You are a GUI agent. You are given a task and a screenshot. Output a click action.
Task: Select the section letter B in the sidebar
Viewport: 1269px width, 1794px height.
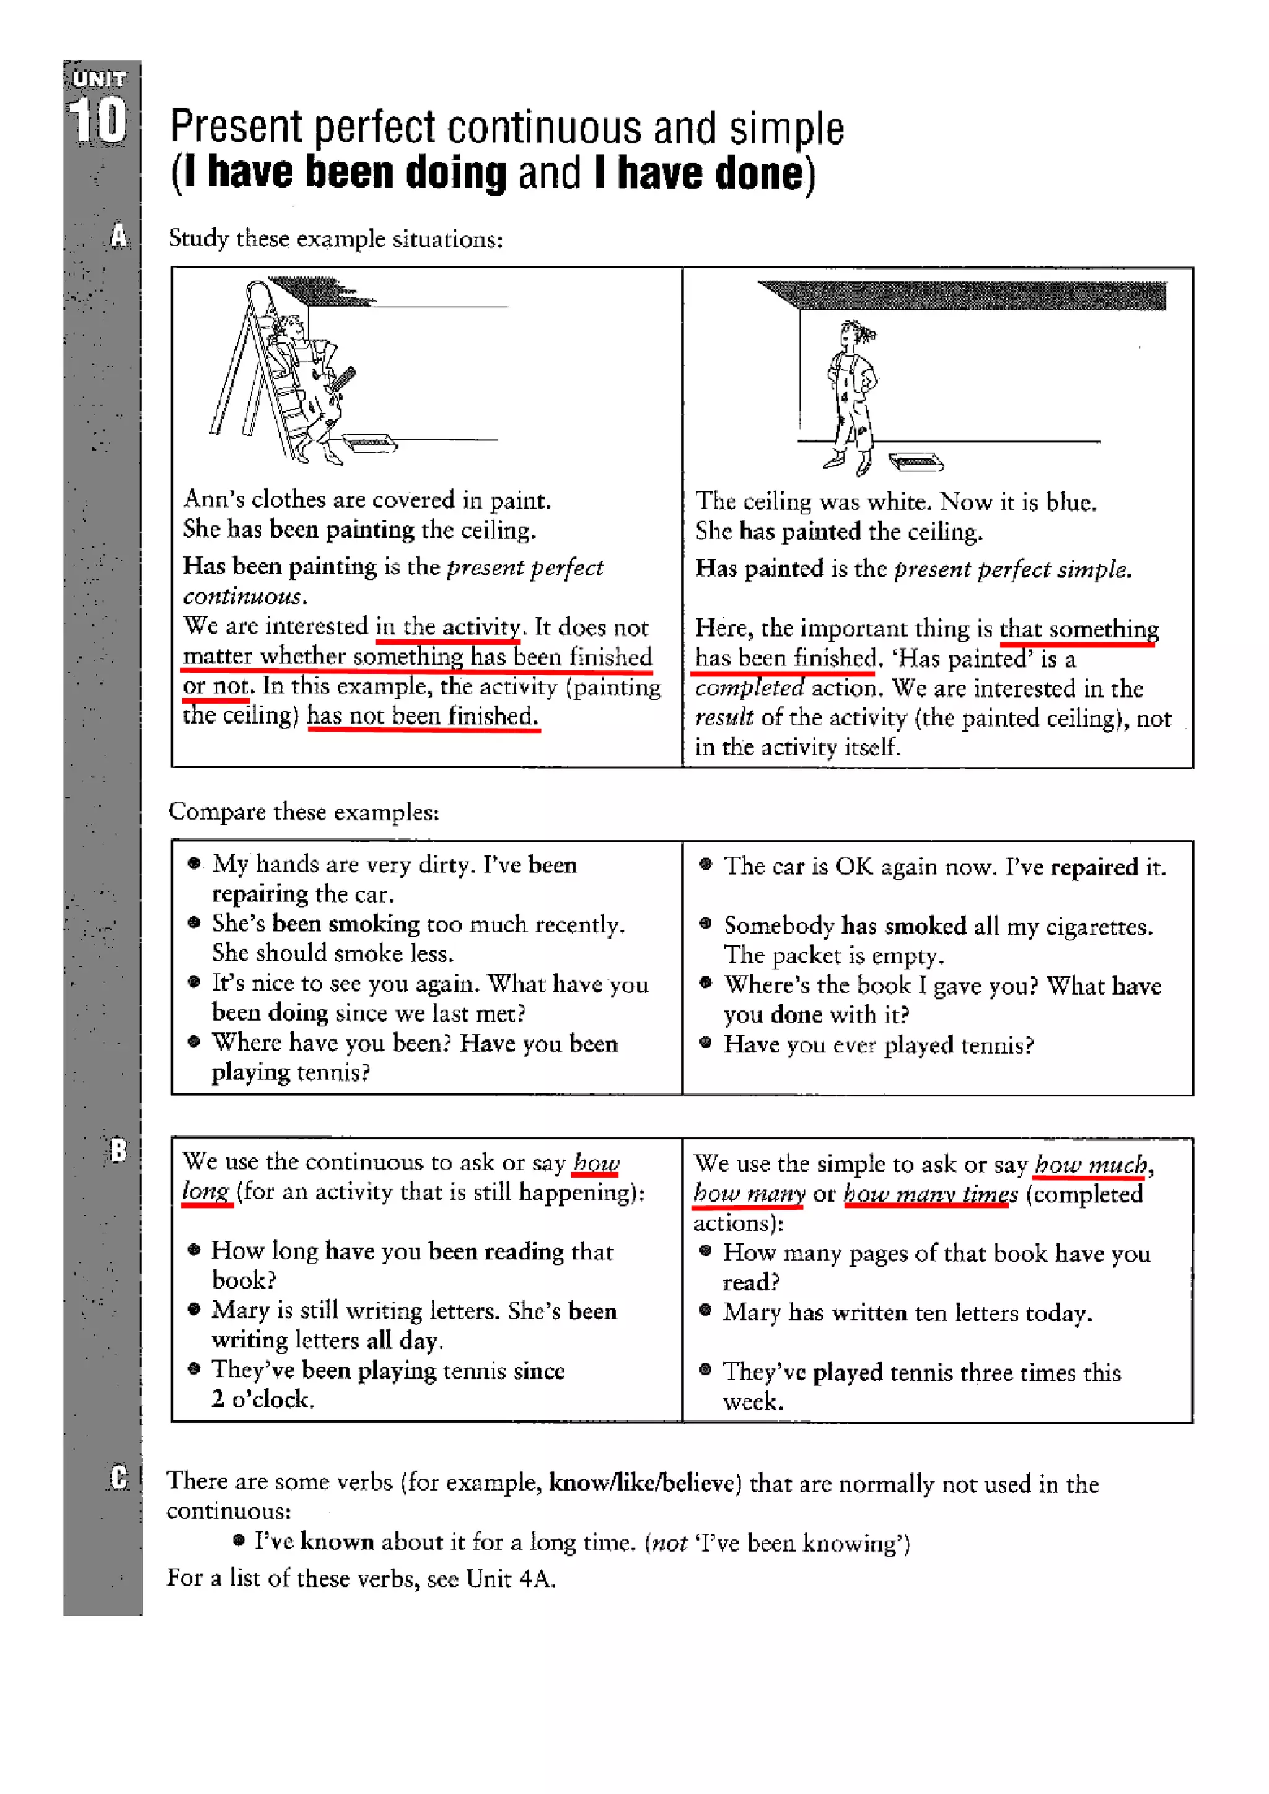[x=118, y=1149]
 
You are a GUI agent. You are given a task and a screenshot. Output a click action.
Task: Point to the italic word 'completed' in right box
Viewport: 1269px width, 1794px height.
[x=749, y=688]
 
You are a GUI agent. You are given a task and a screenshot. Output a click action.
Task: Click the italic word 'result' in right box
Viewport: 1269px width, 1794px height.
[x=724, y=717]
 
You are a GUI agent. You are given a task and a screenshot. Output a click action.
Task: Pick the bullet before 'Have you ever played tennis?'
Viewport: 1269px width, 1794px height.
[x=706, y=1041]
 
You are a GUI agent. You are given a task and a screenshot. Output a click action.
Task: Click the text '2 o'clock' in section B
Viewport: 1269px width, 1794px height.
[x=263, y=1399]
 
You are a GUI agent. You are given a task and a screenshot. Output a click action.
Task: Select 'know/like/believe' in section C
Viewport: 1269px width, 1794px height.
[x=644, y=1482]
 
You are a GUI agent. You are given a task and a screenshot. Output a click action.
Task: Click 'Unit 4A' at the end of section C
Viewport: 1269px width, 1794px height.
[x=510, y=1578]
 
